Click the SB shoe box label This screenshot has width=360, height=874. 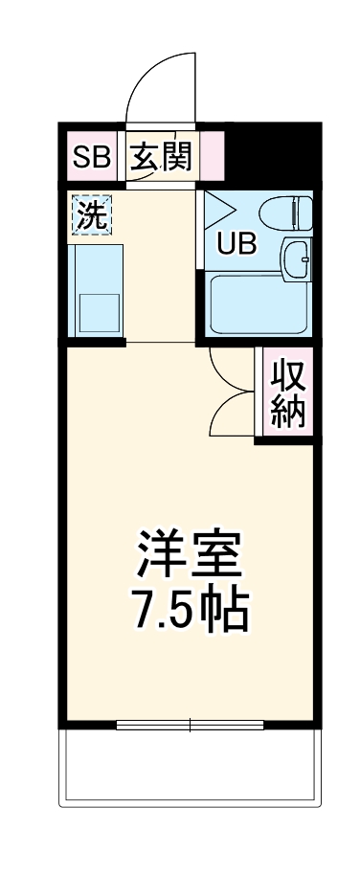pyautogui.click(x=91, y=158)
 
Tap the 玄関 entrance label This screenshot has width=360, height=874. pyautogui.click(x=161, y=158)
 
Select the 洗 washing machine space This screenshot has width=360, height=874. pyautogui.click(x=93, y=215)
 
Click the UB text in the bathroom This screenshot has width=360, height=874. pyautogui.click(x=235, y=244)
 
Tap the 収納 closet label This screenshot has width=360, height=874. pyautogui.click(x=287, y=393)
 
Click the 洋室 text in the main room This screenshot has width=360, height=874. pyautogui.click(x=190, y=553)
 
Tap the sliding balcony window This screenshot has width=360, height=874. pyautogui.click(x=190, y=725)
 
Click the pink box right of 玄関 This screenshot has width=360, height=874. pyautogui.click(x=213, y=158)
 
